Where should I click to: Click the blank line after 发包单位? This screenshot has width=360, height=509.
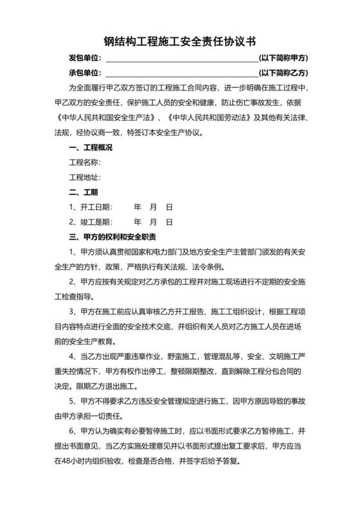(x=181, y=58)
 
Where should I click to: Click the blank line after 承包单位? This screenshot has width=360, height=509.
(x=181, y=73)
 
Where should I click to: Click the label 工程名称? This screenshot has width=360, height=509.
(x=85, y=163)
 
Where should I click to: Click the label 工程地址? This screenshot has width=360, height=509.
(x=85, y=177)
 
